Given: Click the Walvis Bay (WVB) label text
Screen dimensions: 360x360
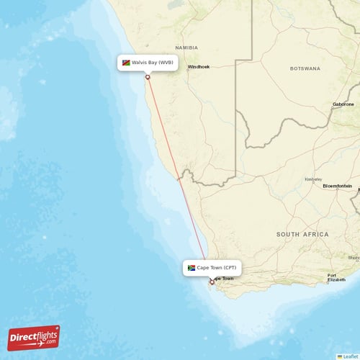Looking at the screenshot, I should pos(152,63).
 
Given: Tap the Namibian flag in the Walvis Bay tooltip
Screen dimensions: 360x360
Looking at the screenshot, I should pos(126,63).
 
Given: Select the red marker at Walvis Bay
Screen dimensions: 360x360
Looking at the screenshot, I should pos(148,78).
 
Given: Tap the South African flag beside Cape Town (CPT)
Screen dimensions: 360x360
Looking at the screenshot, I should pos(192,268).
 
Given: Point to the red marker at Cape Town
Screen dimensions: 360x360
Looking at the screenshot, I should pos(212,282).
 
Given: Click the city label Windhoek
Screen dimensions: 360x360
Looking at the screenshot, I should pos(199,67).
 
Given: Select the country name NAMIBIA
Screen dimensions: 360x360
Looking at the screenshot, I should pos(186,48).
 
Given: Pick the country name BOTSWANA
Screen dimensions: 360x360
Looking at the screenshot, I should pos(305,68).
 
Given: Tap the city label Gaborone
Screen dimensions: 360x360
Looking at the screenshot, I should pos(343,104).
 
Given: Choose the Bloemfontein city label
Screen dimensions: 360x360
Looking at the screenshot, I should pos(338,186).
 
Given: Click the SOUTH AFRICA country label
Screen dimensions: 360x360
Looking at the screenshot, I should pos(302,234).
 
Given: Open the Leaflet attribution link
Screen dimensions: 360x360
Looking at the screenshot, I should pos(351,356).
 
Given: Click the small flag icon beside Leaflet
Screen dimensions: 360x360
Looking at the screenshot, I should pos(339,356).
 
